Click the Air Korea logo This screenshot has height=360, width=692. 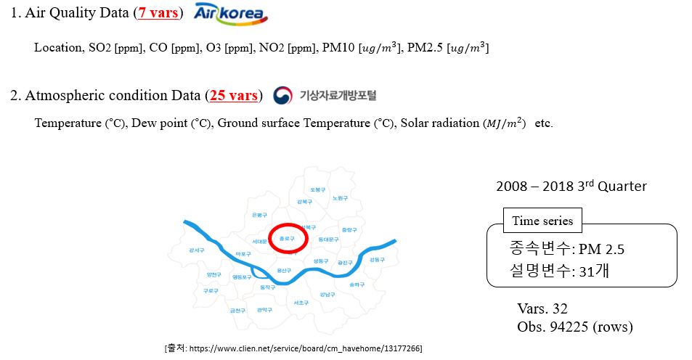pos(231,15)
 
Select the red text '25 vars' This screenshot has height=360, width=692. pos(234,96)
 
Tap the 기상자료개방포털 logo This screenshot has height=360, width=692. pos(325,96)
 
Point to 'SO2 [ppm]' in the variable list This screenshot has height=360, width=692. pos(115,48)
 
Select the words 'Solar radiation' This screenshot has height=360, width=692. pos(440,123)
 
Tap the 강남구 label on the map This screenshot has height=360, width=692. pos(327,295)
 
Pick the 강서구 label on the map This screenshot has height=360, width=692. pos(196,250)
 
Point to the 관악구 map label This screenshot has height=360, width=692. pos(264,310)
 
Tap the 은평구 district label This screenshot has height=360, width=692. pos(259,215)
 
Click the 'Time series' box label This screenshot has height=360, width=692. pos(542,221)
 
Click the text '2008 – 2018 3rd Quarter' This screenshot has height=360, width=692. pos(571,187)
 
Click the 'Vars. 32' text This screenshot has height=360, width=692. pos(542,308)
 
